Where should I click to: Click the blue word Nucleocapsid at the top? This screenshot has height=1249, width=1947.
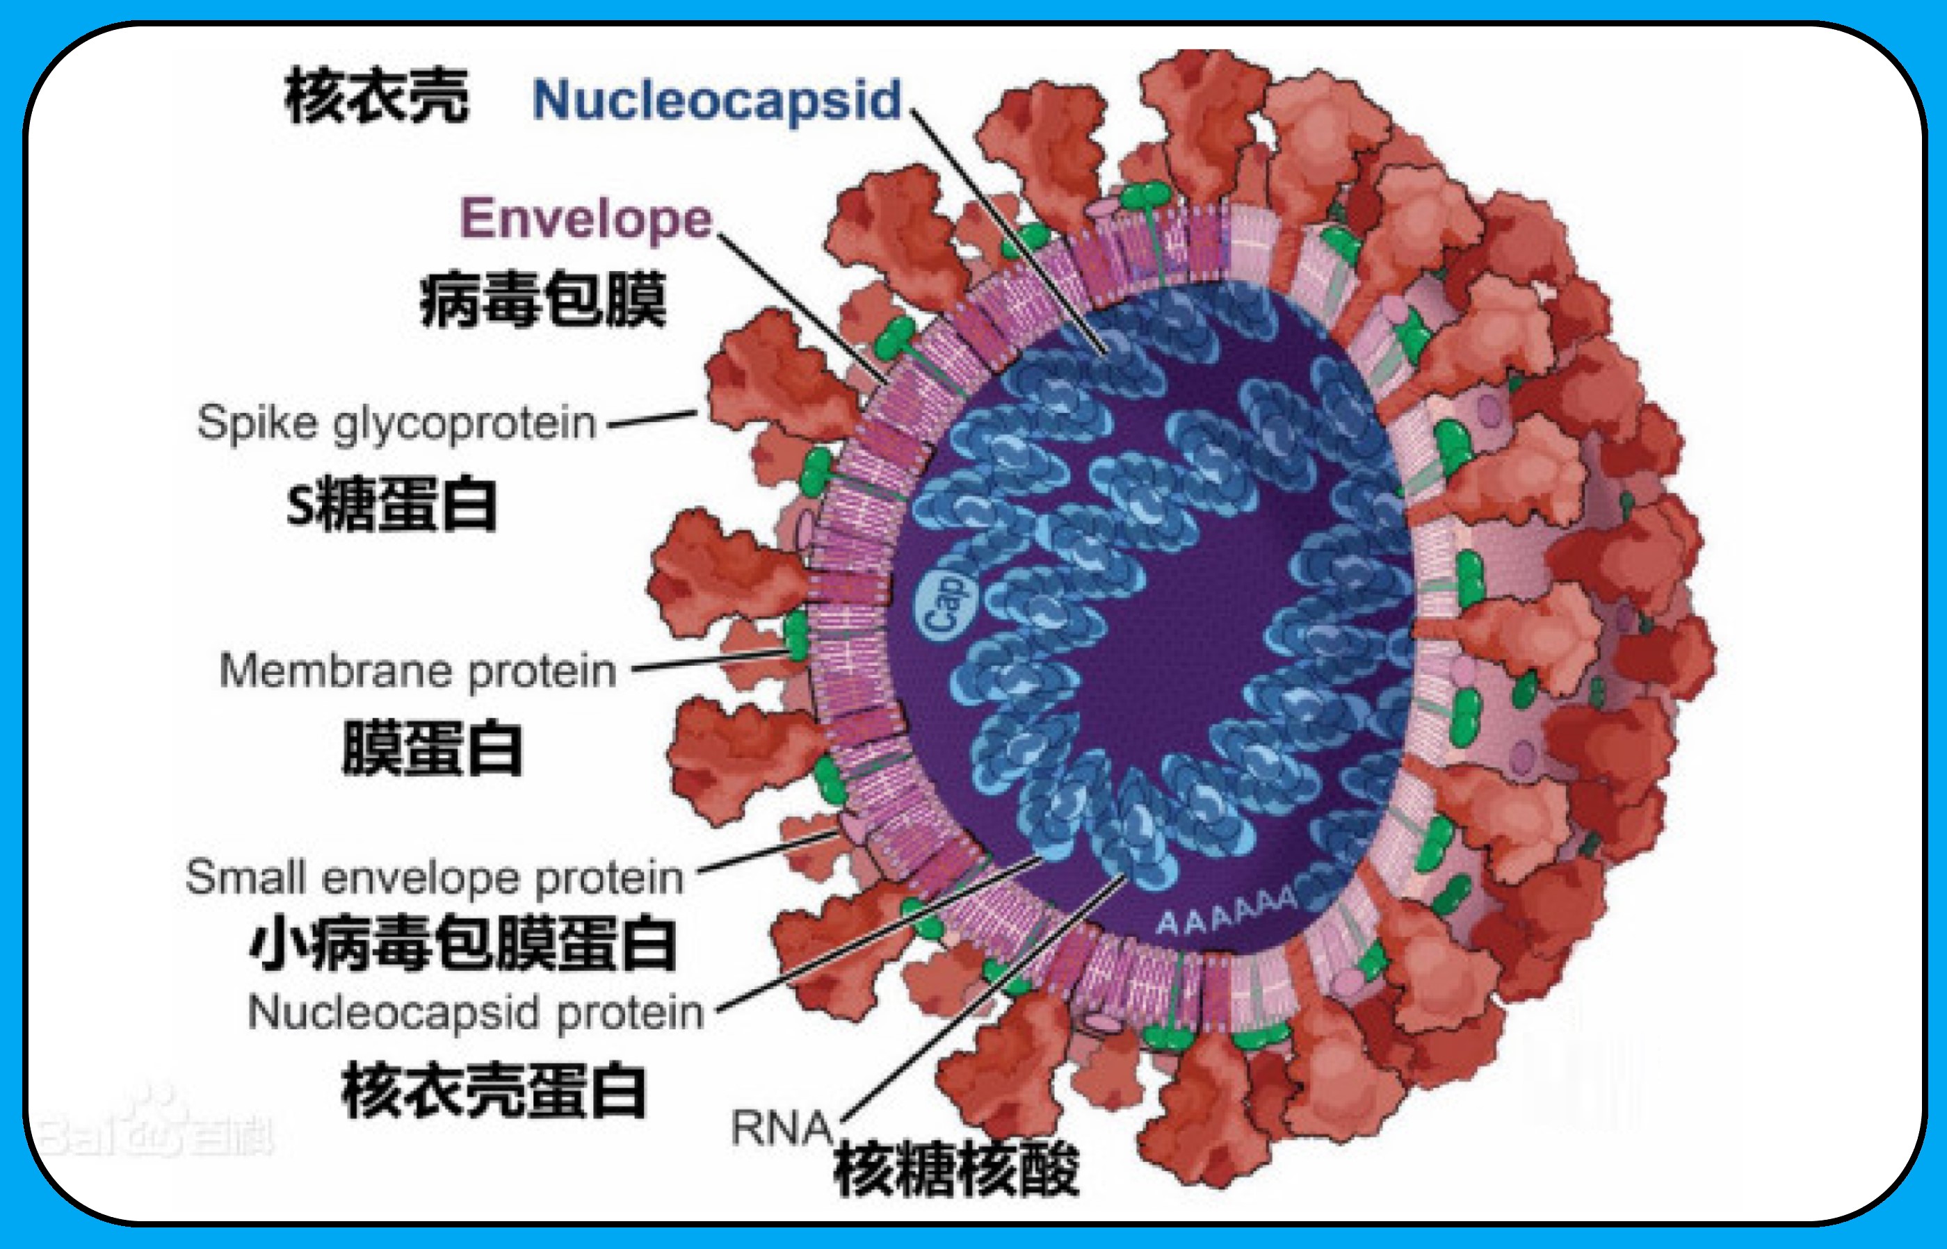click(717, 101)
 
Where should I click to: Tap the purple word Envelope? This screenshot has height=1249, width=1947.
click(585, 219)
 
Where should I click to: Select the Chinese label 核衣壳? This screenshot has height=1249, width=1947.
click(376, 96)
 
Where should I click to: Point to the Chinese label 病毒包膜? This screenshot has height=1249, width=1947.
click(542, 300)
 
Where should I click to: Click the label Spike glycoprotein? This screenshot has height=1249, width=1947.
click(396, 423)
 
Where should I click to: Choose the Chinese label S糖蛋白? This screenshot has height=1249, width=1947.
click(391, 505)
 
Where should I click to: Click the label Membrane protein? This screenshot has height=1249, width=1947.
click(418, 671)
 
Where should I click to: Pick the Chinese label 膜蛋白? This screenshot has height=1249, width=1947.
click(432, 748)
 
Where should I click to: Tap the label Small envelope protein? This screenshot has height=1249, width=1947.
click(435, 878)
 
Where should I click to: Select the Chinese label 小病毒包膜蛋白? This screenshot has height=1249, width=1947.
click(462, 943)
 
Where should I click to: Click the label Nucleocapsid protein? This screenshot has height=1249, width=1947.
click(476, 1012)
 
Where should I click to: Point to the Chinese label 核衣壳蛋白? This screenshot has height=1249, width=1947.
click(493, 1090)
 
